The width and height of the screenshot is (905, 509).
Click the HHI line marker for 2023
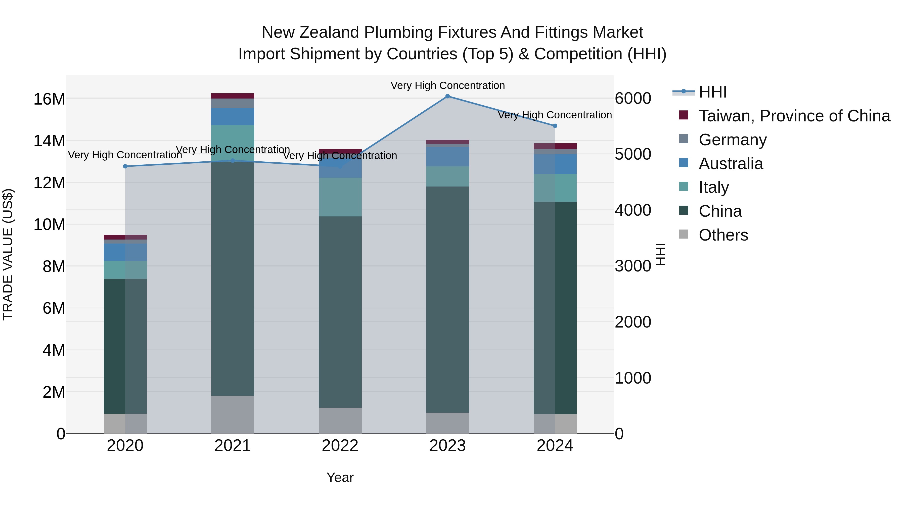(447, 96)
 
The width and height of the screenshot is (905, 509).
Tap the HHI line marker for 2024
(555, 126)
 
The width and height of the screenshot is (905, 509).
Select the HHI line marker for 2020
(125, 166)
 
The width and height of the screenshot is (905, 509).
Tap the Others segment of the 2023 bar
(447, 423)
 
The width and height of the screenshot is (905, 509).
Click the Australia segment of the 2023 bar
(447, 156)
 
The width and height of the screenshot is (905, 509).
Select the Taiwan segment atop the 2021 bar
(232, 96)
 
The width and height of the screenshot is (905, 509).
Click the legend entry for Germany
(733, 140)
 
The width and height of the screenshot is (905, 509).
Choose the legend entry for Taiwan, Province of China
(794, 116)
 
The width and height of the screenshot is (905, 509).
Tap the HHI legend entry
(712, 92)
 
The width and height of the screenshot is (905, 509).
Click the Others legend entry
(723, 235)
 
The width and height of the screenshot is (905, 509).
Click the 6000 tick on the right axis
(633, 98)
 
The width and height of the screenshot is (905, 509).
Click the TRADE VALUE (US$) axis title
(8, 254)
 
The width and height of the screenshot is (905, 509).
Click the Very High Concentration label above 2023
(447, 85)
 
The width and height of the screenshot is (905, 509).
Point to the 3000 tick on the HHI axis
(633, 266)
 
